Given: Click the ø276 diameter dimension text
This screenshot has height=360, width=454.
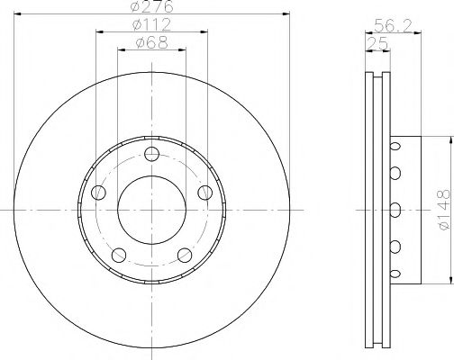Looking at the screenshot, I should (151, 7).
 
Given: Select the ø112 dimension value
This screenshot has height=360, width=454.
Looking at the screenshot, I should (151, 24).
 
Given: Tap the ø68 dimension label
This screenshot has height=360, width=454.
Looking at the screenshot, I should (151, 41).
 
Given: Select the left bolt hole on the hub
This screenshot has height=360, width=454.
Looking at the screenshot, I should (99, 191).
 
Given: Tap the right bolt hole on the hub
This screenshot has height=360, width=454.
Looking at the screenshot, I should (204, 191).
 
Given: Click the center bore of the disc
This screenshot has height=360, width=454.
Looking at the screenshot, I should (151, 209).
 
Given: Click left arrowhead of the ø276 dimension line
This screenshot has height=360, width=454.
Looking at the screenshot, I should (20, 14).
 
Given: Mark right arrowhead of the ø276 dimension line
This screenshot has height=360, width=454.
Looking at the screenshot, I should (284, 14).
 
